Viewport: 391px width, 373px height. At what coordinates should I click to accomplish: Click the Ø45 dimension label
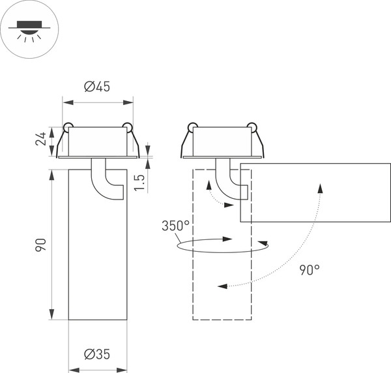[97, 87]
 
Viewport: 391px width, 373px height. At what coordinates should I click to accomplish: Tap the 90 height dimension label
[41, 245]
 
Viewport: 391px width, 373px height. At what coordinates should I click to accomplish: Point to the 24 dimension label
[41, 139]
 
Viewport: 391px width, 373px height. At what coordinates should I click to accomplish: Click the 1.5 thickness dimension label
[139, 181]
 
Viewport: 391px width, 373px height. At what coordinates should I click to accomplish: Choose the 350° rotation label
[176, 226]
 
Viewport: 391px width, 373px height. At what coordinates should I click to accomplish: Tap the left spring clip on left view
[67, 127]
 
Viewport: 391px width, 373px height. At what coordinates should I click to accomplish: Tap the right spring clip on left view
[128, 127]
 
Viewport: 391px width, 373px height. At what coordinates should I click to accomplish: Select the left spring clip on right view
[192, 127]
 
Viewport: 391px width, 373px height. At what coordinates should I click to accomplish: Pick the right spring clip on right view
[253, 127]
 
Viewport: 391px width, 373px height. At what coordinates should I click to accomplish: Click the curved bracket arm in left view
[104, 181]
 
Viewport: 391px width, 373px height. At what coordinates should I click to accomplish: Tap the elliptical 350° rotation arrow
[222, 246]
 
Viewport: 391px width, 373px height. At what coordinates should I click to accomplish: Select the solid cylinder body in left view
[98, 261]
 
